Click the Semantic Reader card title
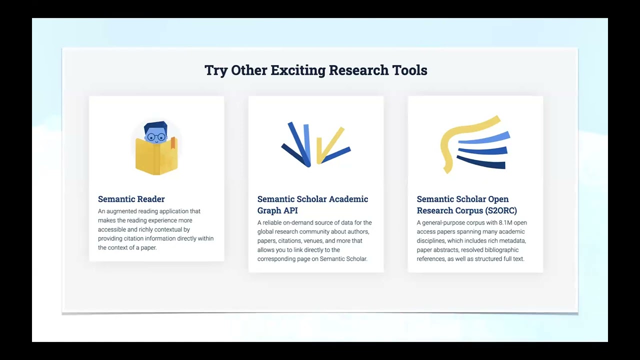pyautogui.click(x=131, y=199)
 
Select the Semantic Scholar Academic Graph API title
pyautogui.click(x=312, y=204)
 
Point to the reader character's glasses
pyautogui.click(x=156, y=137)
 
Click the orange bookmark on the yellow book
pyautogui.click(x=173, y=143)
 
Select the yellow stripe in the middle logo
pyautogui.click(x=330, y=145)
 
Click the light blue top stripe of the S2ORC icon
pyautogui.click(x=484, y=138)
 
